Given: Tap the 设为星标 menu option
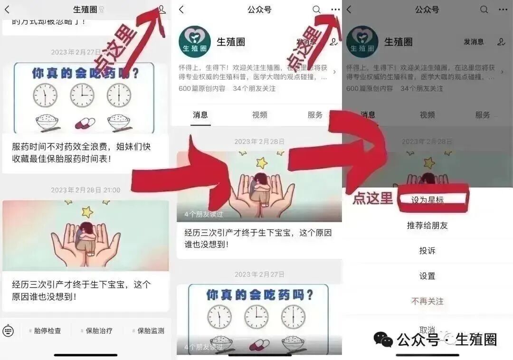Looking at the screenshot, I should [427, 200].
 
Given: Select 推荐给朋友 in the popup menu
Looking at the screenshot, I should [427, 226].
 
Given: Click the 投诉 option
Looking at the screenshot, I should [427, 251].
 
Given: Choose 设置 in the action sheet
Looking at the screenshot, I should [427, 276].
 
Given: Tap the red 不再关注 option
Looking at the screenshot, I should [427, 301].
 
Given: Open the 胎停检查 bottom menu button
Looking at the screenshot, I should [45, 331].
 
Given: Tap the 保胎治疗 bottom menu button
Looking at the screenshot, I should [97, 331].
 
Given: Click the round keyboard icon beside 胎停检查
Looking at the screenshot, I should [8, 331].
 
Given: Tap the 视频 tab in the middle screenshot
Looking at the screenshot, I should [260, 115].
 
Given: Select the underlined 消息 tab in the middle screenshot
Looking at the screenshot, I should [200, 115].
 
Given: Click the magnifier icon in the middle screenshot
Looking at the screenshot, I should [316, 9].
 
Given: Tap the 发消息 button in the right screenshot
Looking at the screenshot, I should [474, 42].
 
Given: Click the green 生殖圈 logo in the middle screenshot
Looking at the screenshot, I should [195, 42].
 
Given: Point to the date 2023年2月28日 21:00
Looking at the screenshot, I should [85, 190].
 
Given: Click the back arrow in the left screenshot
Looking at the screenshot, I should [7, 9].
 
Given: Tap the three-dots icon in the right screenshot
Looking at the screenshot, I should [503, 9].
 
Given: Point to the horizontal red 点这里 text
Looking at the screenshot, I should [372, 199].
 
